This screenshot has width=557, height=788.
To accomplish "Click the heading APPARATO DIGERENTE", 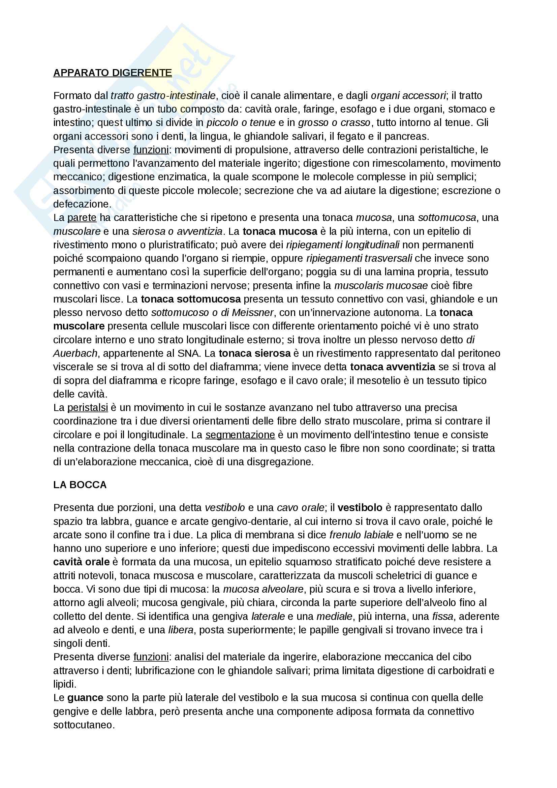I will coord(113,73).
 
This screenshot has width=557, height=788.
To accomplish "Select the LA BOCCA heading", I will coord(80,484).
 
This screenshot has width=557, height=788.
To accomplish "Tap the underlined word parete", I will coord(82,218).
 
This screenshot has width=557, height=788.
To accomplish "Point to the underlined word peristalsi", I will coord(88,408).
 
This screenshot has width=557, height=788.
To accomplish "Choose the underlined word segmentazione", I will coord(240,435).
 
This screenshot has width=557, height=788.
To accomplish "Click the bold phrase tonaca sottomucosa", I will coord(191,299).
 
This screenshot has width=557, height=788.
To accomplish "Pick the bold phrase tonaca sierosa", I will coord(255,353).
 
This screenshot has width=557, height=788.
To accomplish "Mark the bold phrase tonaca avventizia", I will coord(393,367).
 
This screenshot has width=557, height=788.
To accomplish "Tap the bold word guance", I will coord(85,698).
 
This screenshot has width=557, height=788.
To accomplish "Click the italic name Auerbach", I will coord(75,353).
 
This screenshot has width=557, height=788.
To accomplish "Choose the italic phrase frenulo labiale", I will coord(361,535).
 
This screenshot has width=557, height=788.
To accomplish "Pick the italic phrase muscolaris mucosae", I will coord(381,286).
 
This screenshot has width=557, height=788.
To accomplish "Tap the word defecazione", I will coord(82,204).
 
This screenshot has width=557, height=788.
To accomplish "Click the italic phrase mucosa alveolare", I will coord(263,589).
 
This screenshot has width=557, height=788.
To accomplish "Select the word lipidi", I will coord(64,684).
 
